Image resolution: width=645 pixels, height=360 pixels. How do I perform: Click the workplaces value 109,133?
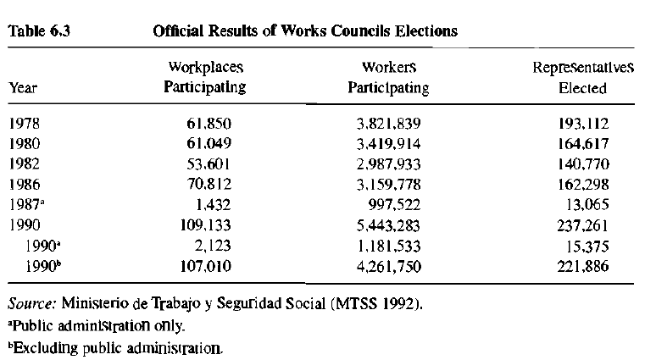click(x=204, y=225)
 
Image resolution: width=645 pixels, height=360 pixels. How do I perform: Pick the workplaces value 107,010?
click(x=204, y=266)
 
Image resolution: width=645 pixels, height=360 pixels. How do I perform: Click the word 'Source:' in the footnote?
click(x=31, y=303)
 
